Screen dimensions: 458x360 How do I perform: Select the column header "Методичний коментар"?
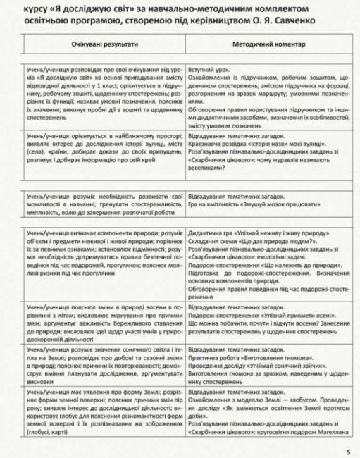(x=268, y=44)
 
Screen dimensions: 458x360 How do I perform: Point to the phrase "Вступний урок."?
(x=210, y=70)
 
